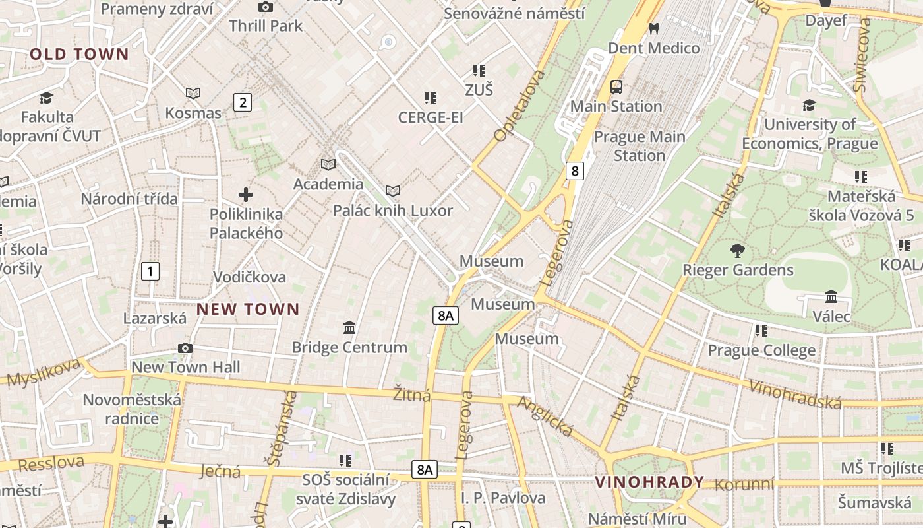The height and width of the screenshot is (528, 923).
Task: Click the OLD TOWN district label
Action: (79, 54)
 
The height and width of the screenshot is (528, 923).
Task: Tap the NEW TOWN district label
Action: (248, 309)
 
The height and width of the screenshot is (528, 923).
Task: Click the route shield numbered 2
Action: (243, 102)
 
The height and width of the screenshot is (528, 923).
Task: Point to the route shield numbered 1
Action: (150, 271)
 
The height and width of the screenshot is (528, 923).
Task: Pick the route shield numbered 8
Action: (575, 171)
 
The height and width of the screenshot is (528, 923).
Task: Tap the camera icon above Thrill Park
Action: (266, 7)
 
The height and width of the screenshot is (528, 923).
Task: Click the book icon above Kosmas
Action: (193, 94)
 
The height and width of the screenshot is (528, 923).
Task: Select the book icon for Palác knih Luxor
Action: (393, 191)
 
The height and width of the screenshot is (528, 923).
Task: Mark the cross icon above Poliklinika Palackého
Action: (246, 195)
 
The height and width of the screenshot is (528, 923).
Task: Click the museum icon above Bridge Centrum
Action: (349, 327)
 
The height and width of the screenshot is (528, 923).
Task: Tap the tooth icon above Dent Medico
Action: (654, 28)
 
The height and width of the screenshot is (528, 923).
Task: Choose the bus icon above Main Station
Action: (616, 86)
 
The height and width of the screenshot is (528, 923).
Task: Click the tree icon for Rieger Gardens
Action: (738, 250)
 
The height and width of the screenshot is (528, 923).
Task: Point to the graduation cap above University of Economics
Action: (809, 105)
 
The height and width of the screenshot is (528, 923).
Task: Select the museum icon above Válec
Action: (831, 296)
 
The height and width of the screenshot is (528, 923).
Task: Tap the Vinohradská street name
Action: (796, 394)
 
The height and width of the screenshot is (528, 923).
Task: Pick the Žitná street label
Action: (412, 395)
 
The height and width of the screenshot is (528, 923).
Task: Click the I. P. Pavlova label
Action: (504, 497)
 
